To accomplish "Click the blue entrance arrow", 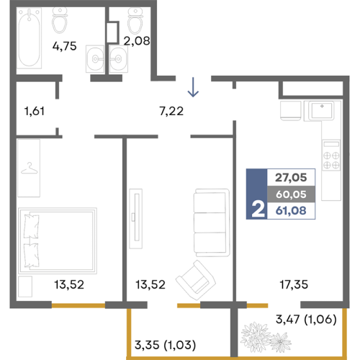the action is click(x=193, y=87).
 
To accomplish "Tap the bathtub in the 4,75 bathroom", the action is click(x=29, y=38).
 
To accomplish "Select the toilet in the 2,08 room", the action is click(x=135, y=21).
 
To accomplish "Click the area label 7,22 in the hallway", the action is click(x=171, y=111).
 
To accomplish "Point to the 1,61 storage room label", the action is click(x=35, y=112).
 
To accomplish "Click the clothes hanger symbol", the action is click(x=30, y=168).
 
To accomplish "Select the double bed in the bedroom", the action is click(x=58, y=240).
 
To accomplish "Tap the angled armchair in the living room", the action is click(x=196, y=280).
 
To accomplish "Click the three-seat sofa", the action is click(x=212, y=222).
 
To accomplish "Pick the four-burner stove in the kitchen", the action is click(x=331, y=156).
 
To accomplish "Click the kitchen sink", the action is click(x=322, y=111).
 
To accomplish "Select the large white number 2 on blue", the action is click(x=258, y=210).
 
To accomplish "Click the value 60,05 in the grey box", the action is click(x=291, y=194).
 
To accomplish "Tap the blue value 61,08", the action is click(x=291, y=210).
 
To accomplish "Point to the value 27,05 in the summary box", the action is click(x=291, y=178).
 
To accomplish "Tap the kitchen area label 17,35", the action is click(x=294, y=284).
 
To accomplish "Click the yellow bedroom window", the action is click(x=78, y=305).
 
